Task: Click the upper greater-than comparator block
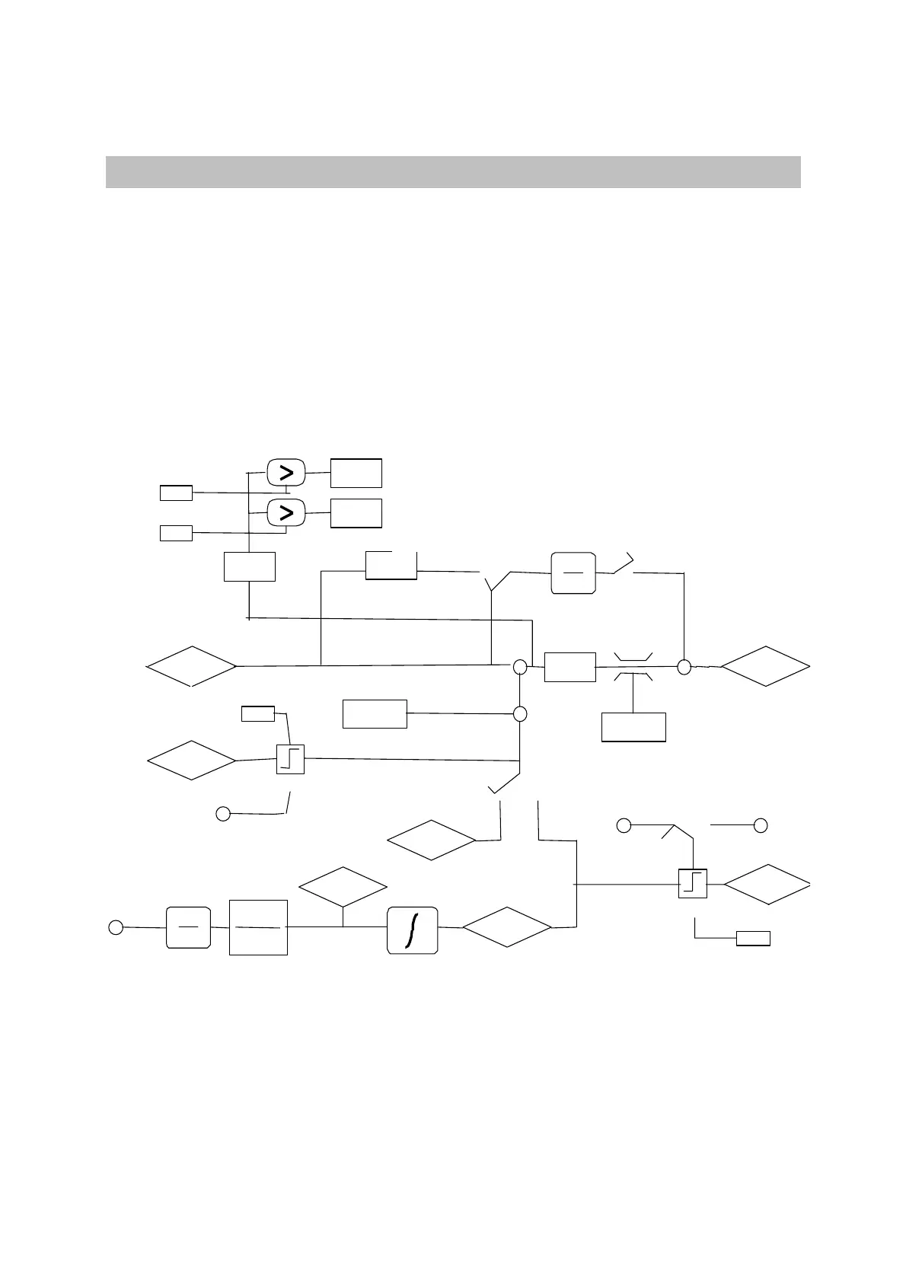coord(286,473)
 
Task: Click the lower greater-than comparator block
coord(286,513)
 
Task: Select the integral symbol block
coord(413,930)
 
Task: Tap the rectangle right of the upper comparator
coord(356,473)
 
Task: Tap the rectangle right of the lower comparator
coord(356,513)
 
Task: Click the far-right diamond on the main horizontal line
coord(766,667)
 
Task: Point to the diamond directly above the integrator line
coord(343,887)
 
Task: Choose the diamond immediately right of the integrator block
coord(507,926)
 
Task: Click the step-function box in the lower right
coord(693,883)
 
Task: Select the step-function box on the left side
coord(290,759)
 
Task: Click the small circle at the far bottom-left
coord(115,926)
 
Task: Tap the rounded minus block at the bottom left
coord(188,927)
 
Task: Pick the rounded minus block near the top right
coord(573,572)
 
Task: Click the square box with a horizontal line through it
coord(258,927)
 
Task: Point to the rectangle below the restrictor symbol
coord(633,726)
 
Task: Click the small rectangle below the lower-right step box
coord(753,938)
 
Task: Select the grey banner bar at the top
coord(453,171)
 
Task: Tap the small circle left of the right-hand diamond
coord(684,667)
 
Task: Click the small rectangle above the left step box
coord(258,713)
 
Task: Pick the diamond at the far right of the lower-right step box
coord(767,884)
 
